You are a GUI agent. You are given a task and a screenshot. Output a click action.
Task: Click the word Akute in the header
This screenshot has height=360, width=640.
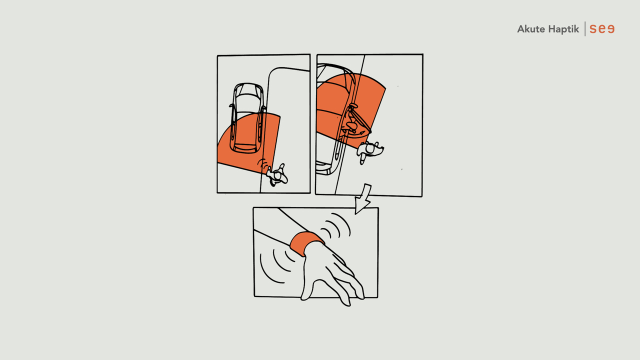coord(530,29)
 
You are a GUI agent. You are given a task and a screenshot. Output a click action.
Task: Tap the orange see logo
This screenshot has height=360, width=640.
coord(602,29)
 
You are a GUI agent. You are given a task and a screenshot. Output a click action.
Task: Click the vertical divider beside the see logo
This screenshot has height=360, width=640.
coord(585,29)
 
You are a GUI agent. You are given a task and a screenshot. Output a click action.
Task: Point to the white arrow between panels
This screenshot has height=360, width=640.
coord(363,199)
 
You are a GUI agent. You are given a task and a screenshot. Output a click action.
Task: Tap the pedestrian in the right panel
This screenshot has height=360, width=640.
coord(369,151)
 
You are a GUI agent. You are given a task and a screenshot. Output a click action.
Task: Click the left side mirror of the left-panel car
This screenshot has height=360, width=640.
coord(231,105)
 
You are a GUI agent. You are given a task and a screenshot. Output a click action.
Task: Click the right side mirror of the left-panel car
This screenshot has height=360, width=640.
coord(263,107)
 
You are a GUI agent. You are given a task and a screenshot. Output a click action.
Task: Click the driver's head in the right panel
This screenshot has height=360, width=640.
coord(351,125)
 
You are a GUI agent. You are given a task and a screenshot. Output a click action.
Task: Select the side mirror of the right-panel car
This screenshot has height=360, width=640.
coord(353,106)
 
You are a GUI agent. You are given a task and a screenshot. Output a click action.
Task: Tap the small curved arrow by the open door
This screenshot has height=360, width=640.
coord(360,132)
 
